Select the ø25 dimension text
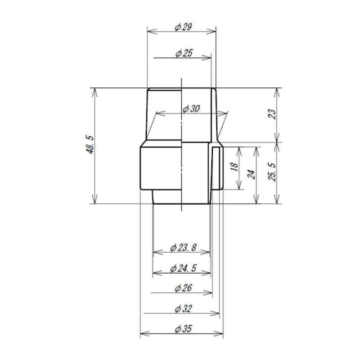pyautogui.click(x=183, y=54)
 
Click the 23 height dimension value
pyautogui.click(x=271, y=114)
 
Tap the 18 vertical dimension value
pyautogui.click(x=234, y=167)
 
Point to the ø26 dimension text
pyautogui.click(x=183, y=288)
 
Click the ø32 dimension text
pyautogui.click(x=183, y=309)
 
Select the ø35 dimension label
pyautogui.click(x=183, y=329)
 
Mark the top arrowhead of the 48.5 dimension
pyautogui.click(x=94, y=90)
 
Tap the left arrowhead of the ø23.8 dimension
pyautogui.click(x=156, y=252)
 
